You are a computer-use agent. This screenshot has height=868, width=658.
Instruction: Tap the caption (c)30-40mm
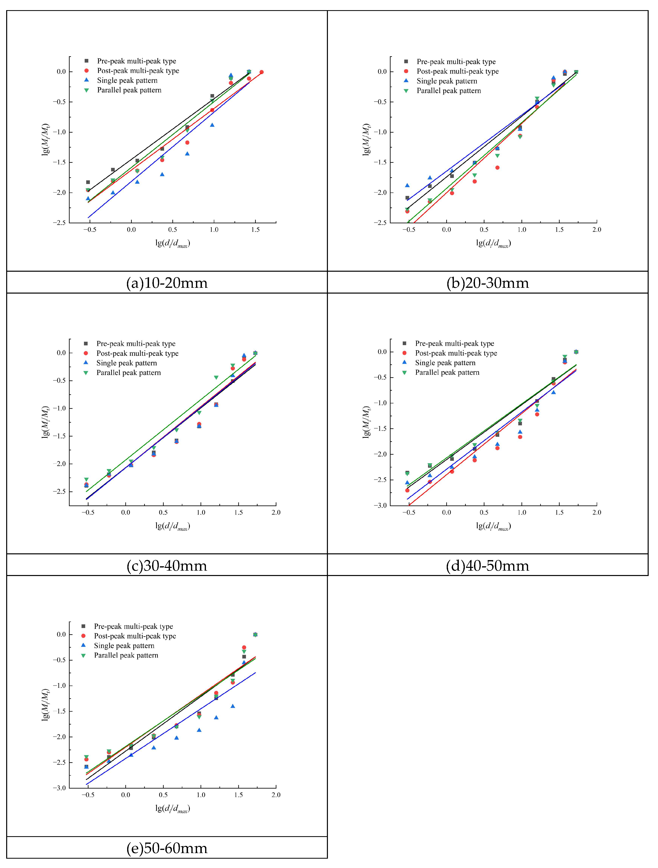click(167, 565)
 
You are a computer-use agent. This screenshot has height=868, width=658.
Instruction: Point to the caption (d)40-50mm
click(488, 565)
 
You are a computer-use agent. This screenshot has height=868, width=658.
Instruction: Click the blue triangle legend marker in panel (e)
click(83, 645)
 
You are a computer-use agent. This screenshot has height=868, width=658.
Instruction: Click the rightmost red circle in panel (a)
click(261, 72)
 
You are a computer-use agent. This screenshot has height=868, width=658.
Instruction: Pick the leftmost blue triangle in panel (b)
click(407, 185)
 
